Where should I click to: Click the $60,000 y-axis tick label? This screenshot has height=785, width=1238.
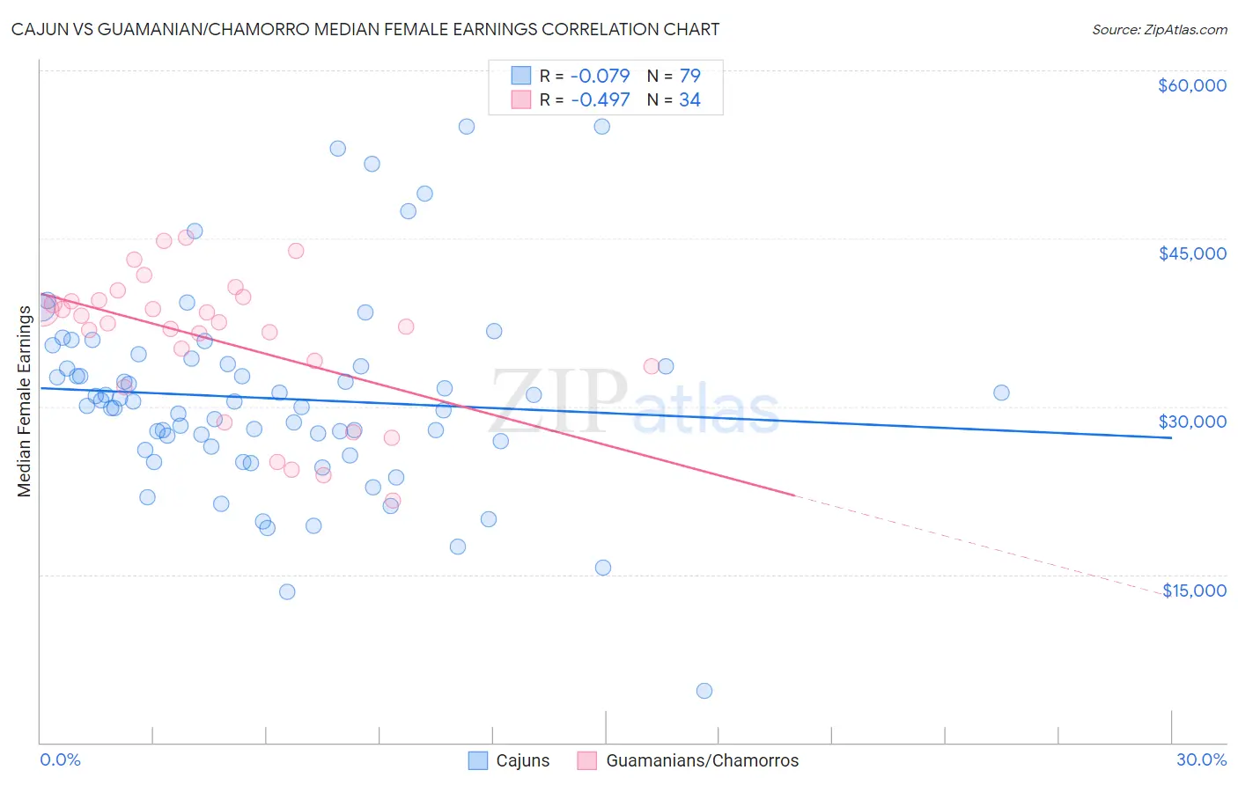click(1191, 85)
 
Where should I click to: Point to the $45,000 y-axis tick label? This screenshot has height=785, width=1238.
click(1191, 253)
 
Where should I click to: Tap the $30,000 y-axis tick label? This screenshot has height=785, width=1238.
click(1191, 422)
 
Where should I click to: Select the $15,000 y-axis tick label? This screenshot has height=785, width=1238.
click(1194, 591)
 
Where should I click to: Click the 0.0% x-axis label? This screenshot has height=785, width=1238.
click(60, 760)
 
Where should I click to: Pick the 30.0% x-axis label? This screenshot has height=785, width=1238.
click(1201, 760)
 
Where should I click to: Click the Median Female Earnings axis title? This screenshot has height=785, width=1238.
click(25, 401)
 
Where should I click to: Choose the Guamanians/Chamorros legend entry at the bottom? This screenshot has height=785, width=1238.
click(688, 761)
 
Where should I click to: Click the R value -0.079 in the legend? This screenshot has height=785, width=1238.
click(600, 76)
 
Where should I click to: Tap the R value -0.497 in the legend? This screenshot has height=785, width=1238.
click(600, 100)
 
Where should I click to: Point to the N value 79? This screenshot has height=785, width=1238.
click(689, 76)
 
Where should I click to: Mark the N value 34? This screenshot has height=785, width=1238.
click(689, 100)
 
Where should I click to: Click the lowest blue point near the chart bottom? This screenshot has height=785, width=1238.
click(704, 691)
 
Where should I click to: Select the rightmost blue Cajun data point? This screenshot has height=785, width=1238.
click(1001, 392)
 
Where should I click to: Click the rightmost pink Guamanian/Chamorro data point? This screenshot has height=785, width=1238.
click(652, 366)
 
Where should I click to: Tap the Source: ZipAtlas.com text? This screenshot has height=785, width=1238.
click(1159, 30)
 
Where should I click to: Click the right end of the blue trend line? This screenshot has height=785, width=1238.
click(1171, 437)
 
